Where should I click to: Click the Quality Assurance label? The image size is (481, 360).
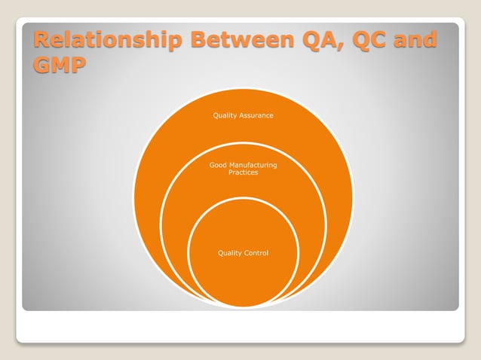[x=243, y=116]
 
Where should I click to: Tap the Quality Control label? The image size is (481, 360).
[x=243, y=253]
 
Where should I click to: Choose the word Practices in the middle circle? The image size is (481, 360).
[x=243, y=173]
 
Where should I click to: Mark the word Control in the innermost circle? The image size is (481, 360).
[x=254, y=253]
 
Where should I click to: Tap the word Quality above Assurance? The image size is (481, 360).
[x=226, y=116]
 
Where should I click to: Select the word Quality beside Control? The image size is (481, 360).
[x=228, y=253]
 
